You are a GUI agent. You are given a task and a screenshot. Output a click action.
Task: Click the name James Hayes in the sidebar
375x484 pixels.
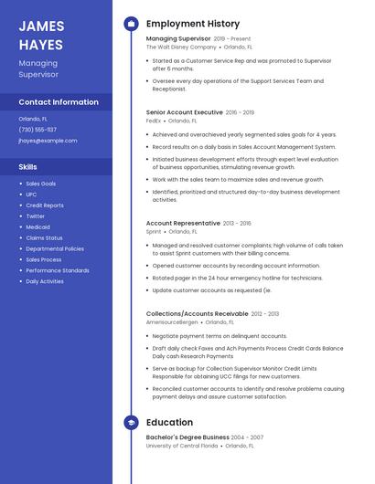coord(41,35)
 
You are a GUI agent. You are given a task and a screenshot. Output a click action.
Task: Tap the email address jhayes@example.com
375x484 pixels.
coord(48,141)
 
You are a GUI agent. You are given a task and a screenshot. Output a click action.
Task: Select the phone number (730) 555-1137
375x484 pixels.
coord(37,130)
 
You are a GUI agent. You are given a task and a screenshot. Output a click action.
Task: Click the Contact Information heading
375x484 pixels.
coord(59,102)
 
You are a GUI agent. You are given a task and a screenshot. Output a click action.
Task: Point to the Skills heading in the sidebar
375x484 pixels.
coord(28,167)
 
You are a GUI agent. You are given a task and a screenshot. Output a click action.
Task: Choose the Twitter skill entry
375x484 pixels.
coord(35,216)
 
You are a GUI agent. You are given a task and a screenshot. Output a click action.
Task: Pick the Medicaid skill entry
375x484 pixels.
coord(37,227)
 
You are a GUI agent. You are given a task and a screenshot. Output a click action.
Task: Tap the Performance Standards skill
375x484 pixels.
coord(58,270)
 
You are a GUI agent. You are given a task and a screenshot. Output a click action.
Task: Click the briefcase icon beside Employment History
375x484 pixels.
coord(130,24)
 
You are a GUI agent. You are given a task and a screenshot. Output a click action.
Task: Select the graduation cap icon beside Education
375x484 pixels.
coord(130,423)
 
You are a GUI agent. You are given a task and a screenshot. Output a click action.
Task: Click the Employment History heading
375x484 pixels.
coord(193,24)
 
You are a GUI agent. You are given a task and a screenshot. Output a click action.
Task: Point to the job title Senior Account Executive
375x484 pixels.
coord(184,112)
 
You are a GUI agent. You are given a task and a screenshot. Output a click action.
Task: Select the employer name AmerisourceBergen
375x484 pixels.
coord(173,321)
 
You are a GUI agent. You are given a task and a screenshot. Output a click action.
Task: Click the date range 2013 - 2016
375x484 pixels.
coord(237,223)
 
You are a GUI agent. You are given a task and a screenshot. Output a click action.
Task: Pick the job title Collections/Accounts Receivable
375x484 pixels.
coord(197,313)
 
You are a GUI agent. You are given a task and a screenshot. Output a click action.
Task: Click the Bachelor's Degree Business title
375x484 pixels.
coord(187,437)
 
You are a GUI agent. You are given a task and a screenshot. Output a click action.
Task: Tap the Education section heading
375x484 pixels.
coord(169,423)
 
